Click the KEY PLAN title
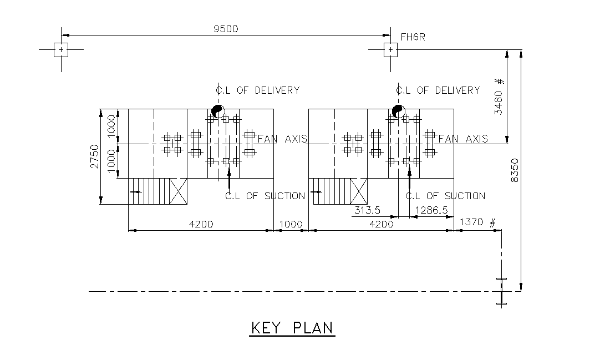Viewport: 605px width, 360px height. [292, 328]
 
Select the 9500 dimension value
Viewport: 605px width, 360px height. [226, 29]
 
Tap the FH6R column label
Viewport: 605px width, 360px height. [413, 37]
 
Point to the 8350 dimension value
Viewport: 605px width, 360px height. [515, 170]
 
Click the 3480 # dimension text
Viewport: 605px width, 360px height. [499, 97]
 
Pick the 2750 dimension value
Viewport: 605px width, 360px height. [94, 156]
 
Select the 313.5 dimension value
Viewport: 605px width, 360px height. [367, 210]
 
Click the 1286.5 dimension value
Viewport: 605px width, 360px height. [431, 210]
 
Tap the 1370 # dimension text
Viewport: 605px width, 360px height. [477, 222]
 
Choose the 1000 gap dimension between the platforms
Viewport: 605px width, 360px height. [291, 224]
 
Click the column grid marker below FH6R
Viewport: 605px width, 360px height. [390, 50]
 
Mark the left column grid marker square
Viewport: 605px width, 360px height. [61, 50]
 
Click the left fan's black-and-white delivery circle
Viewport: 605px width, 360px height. [218, 111]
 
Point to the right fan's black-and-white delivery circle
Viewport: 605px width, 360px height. [399, 111]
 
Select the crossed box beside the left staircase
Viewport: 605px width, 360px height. [178, 191]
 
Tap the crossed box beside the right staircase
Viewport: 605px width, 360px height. [359, 191]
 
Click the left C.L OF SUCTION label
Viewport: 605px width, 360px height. [265, 196]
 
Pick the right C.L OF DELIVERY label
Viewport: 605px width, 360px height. [438, 90]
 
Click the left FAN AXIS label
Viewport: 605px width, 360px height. [282, 139]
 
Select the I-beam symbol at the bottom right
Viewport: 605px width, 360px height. [502, 291]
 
